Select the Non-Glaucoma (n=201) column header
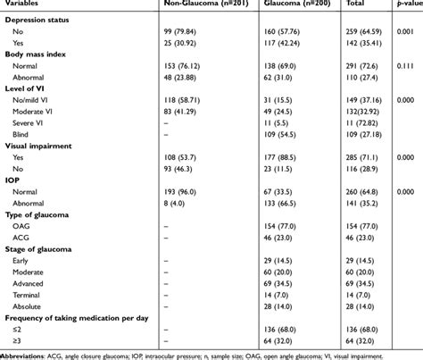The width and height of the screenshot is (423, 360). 198,4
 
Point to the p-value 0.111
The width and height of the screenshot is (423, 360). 406,68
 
